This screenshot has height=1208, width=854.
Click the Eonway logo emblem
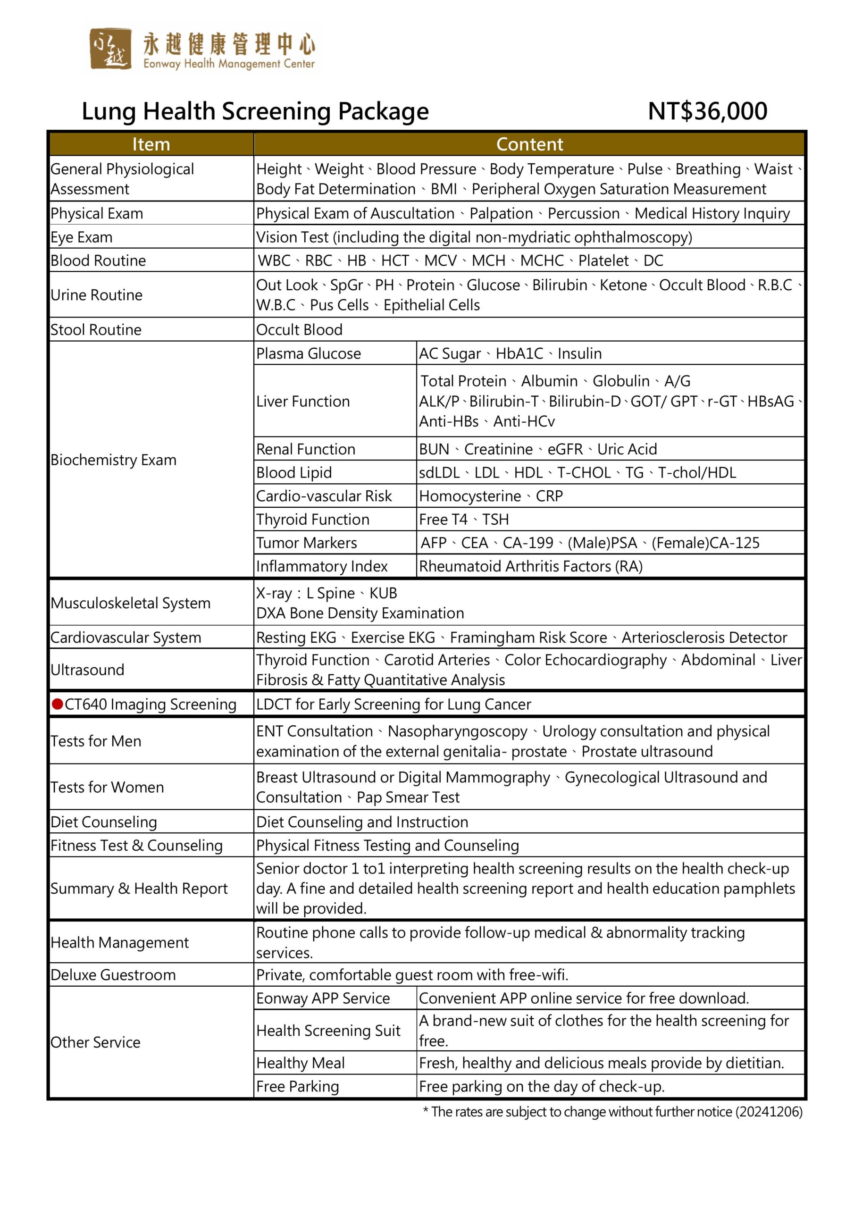110,49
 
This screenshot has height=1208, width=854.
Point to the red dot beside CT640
58,704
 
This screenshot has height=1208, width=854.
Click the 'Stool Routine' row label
96,330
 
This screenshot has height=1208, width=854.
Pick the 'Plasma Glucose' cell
309,353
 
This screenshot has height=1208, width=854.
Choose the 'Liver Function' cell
303,402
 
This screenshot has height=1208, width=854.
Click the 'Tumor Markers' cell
307,543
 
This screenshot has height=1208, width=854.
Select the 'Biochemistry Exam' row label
114,460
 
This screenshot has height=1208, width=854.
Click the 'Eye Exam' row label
82,237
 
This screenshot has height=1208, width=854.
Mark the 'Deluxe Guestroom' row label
113,975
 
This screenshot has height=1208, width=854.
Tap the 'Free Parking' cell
298,1086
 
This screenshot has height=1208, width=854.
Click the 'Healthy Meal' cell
301,1063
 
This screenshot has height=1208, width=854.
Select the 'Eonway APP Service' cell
323,998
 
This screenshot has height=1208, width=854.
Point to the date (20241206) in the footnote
769,1112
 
